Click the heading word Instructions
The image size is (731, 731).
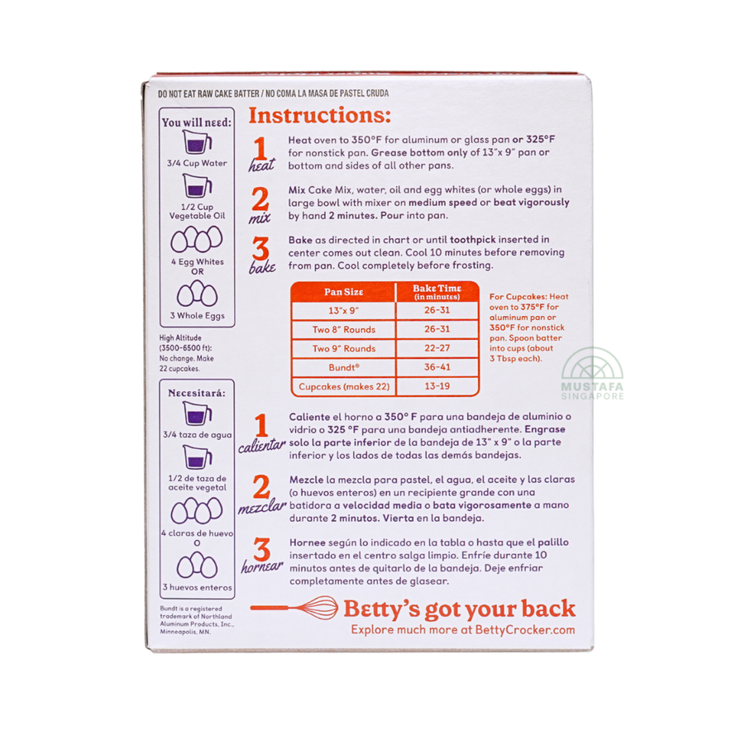(x=319, y=115)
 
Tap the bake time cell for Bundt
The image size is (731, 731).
(x=437, y=367)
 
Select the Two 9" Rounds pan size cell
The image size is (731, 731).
(x=344, y=348)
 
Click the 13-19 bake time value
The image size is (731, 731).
(x=437, y=386)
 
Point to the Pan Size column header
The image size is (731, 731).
(x=344, y=292)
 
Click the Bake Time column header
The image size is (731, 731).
(x=437, y=292)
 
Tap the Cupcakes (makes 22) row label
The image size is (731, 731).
(x=344, y=386)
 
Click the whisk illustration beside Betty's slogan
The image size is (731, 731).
(x=294, y=608)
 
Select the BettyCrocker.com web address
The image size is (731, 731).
(x=525, y=630)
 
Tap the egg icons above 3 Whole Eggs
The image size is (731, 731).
(x=197, y=294)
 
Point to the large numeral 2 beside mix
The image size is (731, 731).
(x=260, y=199)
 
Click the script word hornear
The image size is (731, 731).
(x=262, y=566)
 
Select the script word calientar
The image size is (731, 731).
(x=261, y=445)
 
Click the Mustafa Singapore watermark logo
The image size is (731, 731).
(x=592, y=374)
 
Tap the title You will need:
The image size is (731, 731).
(x=197, y=122)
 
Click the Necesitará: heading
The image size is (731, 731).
(x=197, y=393)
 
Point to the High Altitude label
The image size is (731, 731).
(x=180, y=338)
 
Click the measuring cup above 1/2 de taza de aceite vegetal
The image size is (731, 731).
(x=197, y=456)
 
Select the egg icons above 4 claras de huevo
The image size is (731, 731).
(x=197, y=510)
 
